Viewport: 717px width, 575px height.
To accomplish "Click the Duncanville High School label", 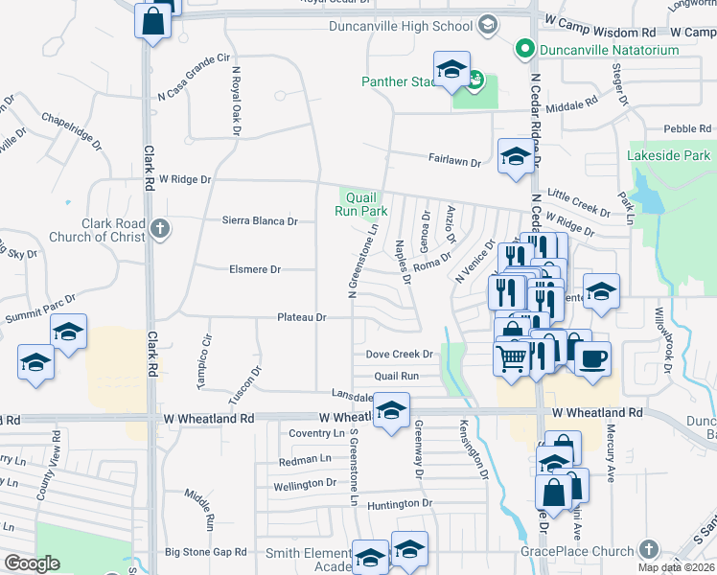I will pos(403,25).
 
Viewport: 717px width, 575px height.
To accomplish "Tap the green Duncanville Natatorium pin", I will pos(524,48).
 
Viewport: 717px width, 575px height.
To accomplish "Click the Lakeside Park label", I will pos(668,155).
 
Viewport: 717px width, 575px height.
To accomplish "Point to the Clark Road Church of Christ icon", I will pos(160,229).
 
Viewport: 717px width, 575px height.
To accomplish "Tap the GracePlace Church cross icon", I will pos(648,549).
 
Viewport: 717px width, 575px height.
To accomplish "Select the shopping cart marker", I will pos(512,359).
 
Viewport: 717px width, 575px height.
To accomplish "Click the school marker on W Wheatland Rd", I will pos(391,411).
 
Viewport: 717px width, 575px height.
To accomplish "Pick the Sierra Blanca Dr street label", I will pos(260,220).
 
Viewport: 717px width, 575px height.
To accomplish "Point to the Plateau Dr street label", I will pos(302,317).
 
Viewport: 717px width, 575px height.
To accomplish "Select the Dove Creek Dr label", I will pos(400,354).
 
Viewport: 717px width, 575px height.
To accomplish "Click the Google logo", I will pos(32,563).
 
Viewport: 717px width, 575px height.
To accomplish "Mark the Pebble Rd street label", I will pos(686,128).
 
